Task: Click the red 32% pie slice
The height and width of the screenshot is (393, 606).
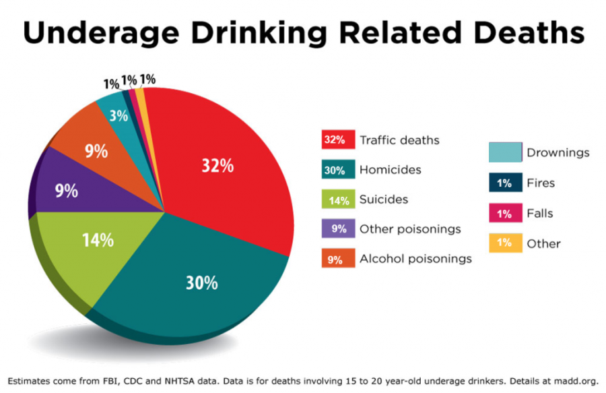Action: [222, 169]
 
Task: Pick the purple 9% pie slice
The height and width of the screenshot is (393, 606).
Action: [67, 190]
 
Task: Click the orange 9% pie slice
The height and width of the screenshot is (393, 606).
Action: [94, 150]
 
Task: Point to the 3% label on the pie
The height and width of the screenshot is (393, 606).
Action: [119, 115]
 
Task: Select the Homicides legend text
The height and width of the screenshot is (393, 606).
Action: [391, 170]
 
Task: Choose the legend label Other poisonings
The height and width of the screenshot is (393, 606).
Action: [410, 229]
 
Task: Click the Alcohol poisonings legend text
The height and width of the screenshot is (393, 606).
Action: [415, 259]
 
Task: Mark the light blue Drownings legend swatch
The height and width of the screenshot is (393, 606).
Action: [505, 152]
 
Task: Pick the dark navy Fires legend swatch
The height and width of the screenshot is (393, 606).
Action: [505, 183]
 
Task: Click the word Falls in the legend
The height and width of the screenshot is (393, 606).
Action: [540, 214]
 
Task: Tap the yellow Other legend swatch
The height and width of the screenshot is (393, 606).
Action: [505, 243]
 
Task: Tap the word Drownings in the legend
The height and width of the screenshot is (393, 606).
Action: [558, 153]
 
